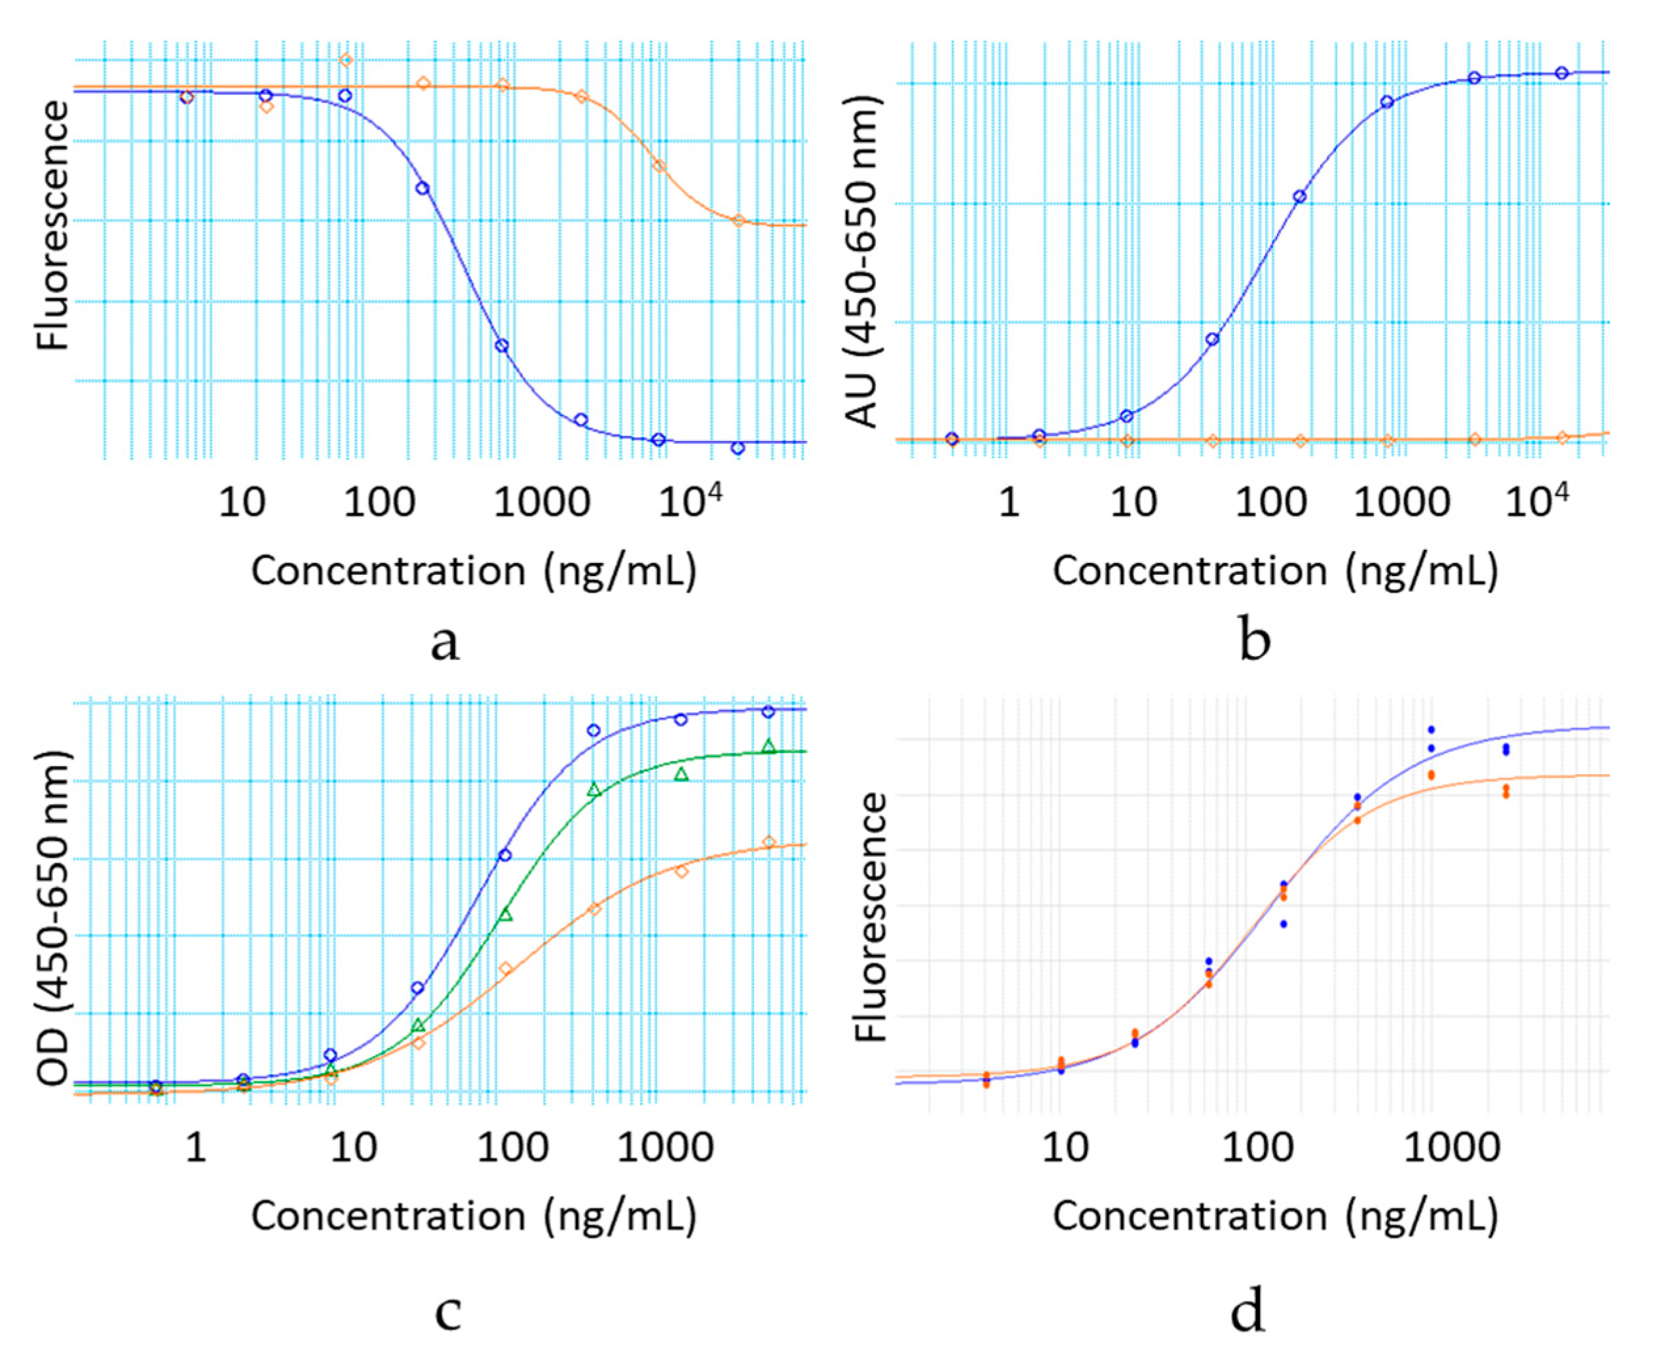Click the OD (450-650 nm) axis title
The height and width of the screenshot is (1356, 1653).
pos(53,918)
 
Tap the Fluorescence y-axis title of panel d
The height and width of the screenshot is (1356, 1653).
pos(871,917)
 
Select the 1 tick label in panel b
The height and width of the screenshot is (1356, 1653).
pos(1009,501)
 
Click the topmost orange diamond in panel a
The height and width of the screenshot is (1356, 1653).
pos(346,60)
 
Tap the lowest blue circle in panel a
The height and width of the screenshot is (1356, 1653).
pos(738,448)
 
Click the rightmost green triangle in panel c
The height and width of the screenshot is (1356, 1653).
pos(769,746)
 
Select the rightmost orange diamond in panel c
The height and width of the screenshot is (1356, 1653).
pos(769,842)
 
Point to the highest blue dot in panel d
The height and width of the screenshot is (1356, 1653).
pos(1432,729)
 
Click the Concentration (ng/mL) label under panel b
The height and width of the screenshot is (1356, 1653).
pos(1275,570)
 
